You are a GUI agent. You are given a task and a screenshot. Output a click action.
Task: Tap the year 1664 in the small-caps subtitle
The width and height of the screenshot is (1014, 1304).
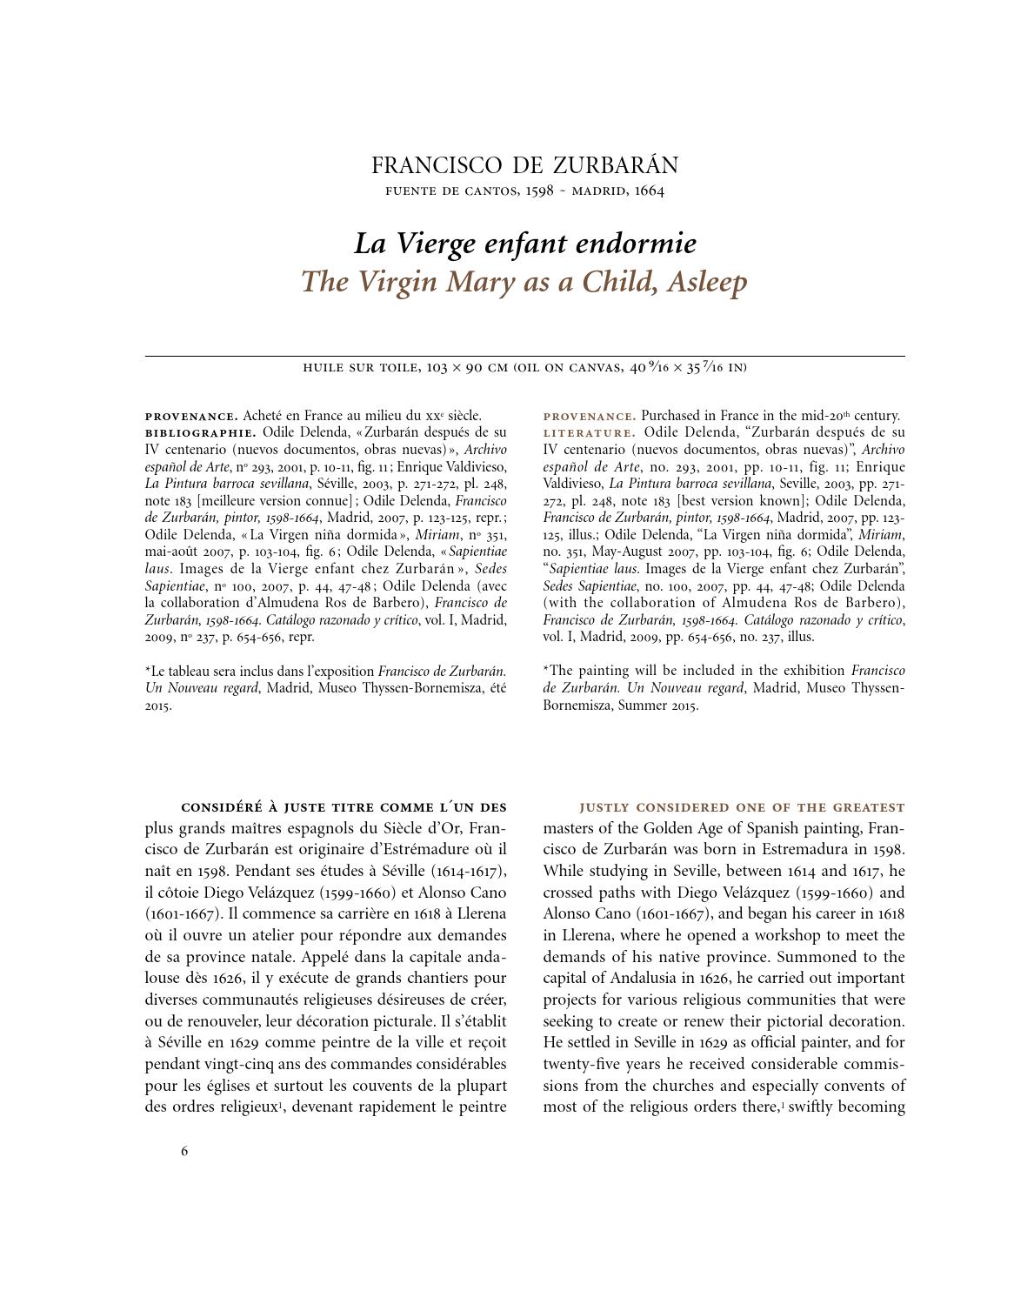pyautogui.click(x=650, y=191)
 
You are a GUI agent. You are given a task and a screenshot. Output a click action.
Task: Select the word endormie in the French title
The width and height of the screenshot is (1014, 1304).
pyautogui.click(x=637, y=244)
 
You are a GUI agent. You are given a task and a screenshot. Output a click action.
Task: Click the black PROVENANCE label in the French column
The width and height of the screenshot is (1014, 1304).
pyautogui.click(x=191, y=417)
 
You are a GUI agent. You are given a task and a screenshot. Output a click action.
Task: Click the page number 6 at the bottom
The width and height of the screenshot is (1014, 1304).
pyautogui.click(x=184, y=1151)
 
